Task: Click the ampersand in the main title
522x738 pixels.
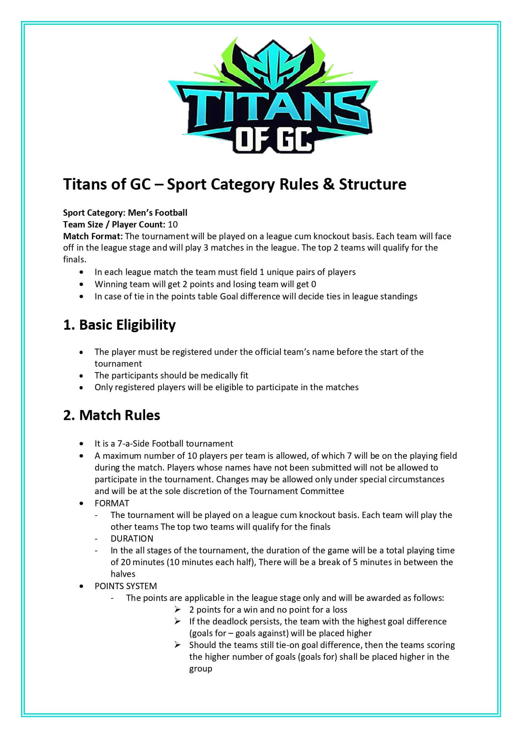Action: [329, 184]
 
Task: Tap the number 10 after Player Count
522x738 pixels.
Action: [172, 224]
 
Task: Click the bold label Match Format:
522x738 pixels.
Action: [93, 236]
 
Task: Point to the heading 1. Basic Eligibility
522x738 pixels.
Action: [119, 325]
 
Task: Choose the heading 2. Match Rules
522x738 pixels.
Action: [111, 415]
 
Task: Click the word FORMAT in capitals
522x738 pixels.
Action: [112, 503]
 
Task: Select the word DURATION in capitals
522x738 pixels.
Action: [132, 538]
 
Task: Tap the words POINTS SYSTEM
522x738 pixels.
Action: [126, 586]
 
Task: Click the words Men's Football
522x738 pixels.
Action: [158, 212]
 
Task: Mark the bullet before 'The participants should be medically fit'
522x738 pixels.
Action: [81, 376]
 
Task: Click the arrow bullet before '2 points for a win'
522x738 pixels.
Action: [178, 609]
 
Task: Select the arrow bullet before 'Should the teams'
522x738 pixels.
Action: [178, 645]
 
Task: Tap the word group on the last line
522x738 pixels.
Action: [201, 668]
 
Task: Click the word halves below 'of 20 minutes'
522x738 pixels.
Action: [123, 574]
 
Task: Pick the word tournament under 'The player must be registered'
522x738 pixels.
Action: [118, 363]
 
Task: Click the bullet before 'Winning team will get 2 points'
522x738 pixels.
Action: [81, 284]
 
